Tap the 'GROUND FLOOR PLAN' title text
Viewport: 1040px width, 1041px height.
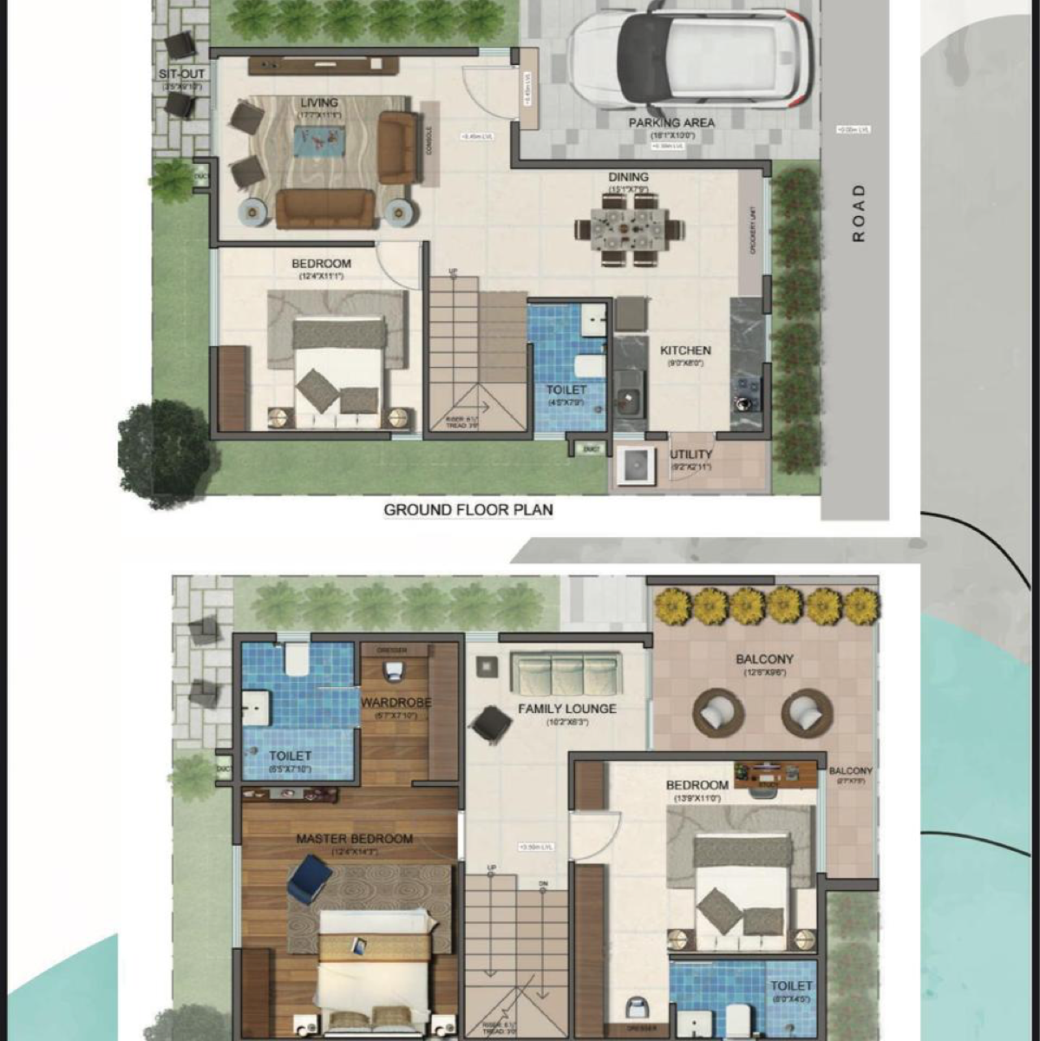tap(468, 509)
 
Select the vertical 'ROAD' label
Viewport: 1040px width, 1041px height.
tap(859, 213)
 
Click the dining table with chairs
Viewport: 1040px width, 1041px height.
tap(630, 229)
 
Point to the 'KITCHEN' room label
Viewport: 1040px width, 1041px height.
tap(685, 350)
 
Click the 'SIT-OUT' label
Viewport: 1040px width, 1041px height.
tap(182, 75)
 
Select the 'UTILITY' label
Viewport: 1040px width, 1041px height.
tap(691, 454)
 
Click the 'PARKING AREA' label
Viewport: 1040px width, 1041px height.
tap(671, 122)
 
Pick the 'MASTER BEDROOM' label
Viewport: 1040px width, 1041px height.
tap(354, 839)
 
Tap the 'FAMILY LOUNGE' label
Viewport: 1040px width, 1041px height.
tap(567, 708)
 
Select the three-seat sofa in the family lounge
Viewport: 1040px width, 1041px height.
tap(566, 674)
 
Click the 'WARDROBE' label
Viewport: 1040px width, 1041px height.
tap(396, 703)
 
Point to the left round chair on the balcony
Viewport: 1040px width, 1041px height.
tap(718, 713)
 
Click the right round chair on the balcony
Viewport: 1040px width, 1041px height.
tap(807, 713)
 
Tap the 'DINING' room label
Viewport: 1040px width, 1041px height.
tap(628, 177)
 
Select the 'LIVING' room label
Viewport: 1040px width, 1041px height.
tap(319, 102)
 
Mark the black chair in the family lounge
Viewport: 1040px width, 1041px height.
tap(491, 723)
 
